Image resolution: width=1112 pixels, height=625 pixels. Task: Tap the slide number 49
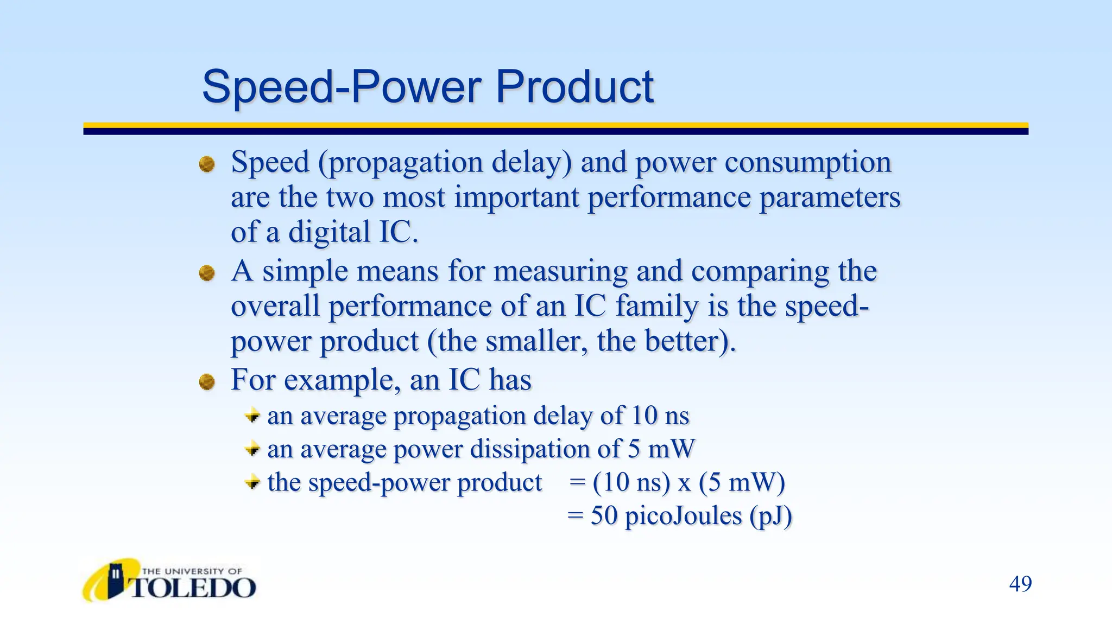[1020, 584]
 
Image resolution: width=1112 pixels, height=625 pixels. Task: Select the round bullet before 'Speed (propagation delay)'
[207, 164]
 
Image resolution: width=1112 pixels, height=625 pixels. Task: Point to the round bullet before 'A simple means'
[207, 273]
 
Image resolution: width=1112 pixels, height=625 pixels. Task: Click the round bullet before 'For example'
[207, 382]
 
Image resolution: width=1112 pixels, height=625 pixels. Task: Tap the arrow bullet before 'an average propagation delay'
[252, 416]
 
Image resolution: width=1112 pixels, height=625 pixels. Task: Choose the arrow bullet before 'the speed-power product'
[252, 482]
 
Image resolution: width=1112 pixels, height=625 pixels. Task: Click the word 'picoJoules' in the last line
[683, 516]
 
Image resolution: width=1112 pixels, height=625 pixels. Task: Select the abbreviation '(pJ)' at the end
[770, 516]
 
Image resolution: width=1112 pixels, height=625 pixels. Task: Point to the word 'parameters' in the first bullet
[830, 197]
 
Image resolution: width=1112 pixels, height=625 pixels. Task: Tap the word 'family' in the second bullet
[657, 307]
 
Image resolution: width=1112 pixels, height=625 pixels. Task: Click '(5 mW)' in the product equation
[742, 482]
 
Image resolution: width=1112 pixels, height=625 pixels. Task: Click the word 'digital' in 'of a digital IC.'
[329, 233]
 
